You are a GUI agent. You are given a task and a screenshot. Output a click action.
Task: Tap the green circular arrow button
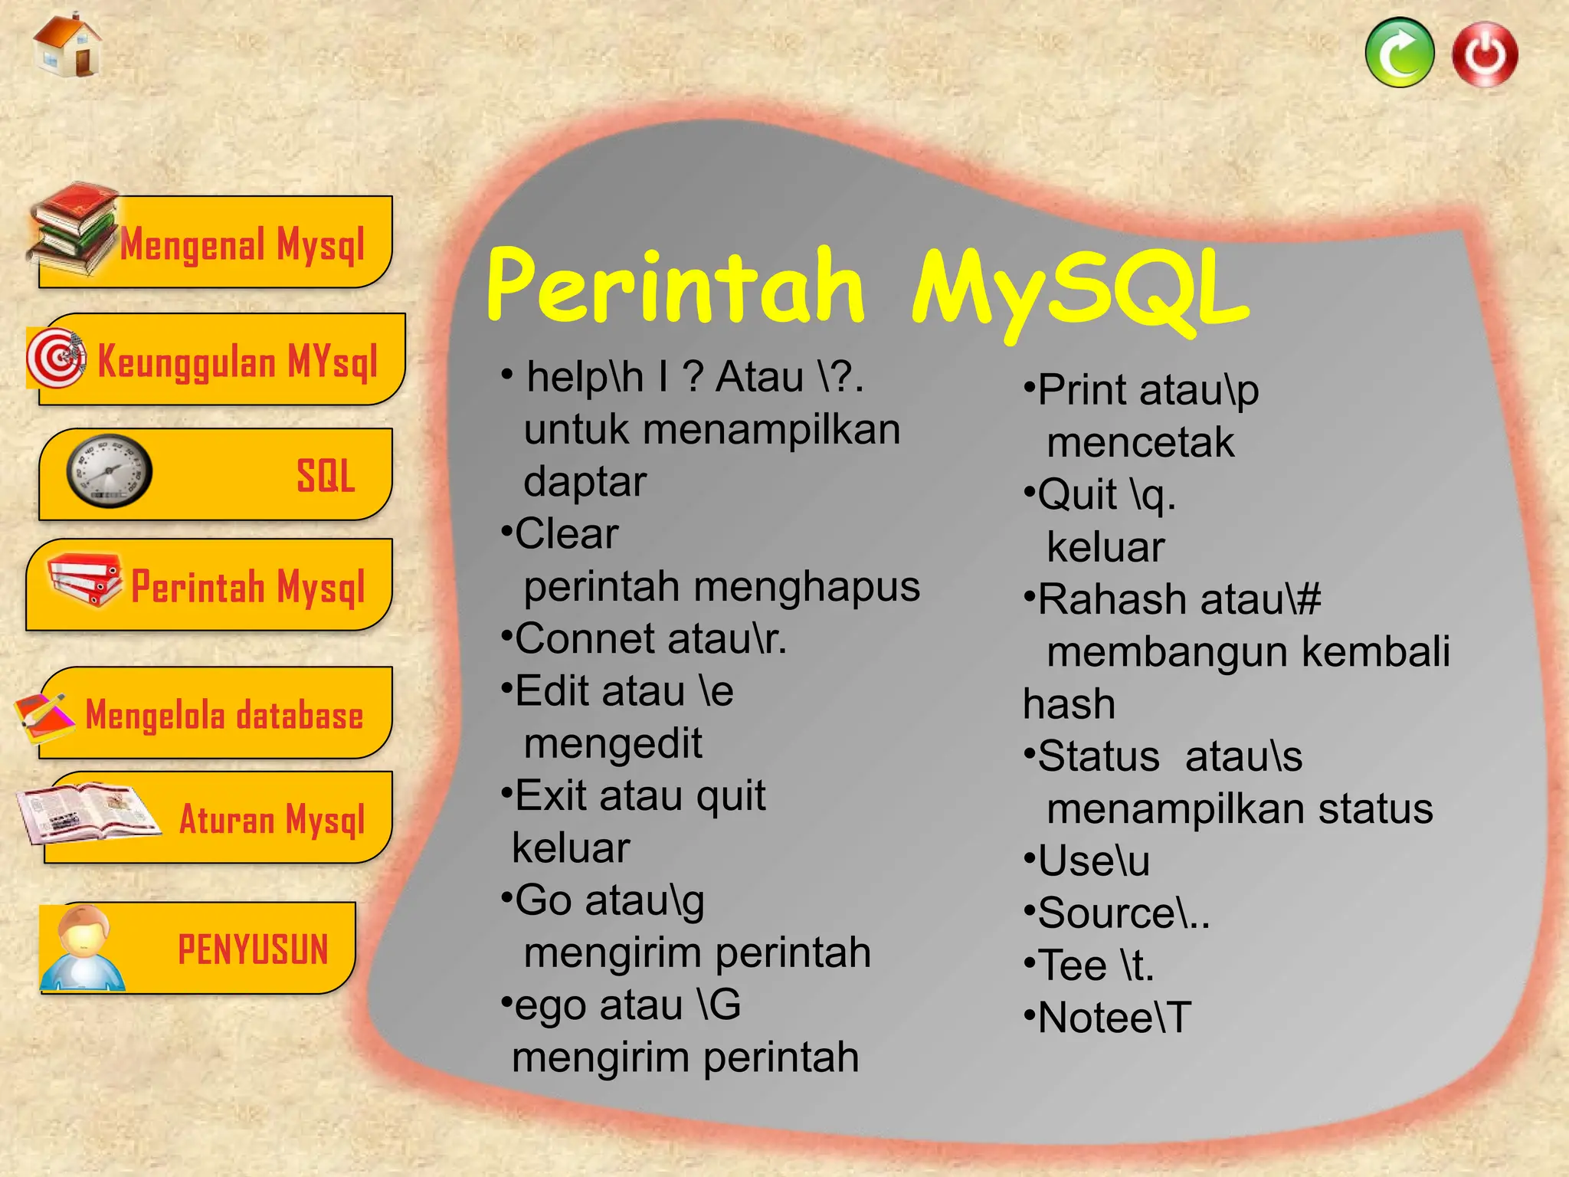[1399, 53]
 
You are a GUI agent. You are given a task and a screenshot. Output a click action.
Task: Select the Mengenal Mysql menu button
[241, 244]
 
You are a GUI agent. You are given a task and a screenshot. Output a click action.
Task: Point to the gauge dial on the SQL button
[109, 471]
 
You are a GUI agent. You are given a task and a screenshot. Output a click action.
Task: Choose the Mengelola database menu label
[224, 715]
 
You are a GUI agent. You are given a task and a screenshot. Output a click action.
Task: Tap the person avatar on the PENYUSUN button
[82, 948]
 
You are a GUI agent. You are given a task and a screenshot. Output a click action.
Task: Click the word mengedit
[613, 743]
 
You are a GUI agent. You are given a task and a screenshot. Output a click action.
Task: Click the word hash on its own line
[1069, 704]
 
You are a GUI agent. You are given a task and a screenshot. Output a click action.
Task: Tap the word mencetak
[1140, 443]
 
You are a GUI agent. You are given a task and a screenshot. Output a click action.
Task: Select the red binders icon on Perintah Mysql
[84, 580]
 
